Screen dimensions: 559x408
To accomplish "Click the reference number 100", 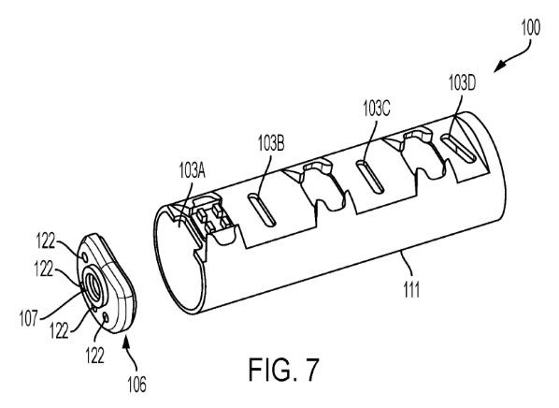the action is click(531, 27).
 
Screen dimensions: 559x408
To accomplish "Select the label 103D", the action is click(462, 82).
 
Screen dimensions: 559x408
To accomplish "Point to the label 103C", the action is click(377, 108).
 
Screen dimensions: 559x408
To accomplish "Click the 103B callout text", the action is click(271, 143).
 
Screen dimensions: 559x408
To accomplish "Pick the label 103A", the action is click(193, 171).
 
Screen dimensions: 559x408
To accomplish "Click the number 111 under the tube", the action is click(411, 289).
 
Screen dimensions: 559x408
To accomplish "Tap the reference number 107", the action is click(29, 318).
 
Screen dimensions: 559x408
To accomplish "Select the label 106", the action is click(136, 385).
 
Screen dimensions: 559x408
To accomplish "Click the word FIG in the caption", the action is click(272, 370).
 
